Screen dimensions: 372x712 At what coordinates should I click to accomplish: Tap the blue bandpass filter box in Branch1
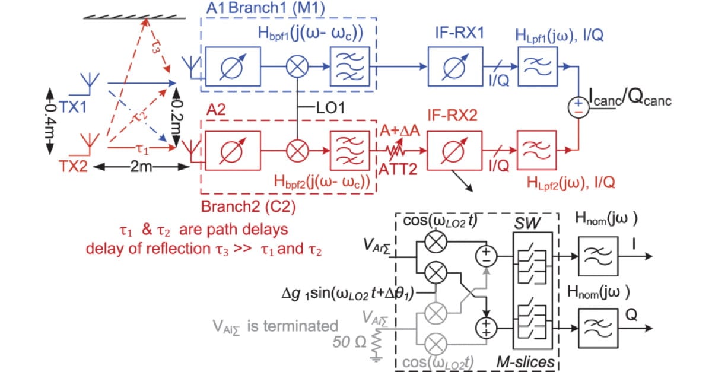coord(349,66)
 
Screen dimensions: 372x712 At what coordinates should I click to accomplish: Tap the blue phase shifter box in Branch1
coord(231,66)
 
